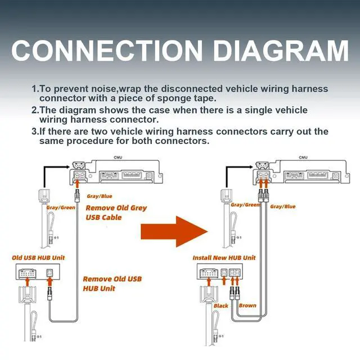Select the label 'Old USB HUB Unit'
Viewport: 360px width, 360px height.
(x=38, y=258)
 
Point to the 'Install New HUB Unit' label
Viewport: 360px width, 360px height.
(x=224, y=258)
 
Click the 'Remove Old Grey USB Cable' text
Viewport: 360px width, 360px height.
(x=116, y=212)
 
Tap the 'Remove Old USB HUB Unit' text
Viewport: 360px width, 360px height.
(x=112, y=283)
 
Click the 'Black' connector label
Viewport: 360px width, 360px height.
(x=221, y=306)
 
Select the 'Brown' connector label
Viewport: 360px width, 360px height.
(x=247, y=306)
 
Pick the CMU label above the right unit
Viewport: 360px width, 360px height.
(x=303, y=158)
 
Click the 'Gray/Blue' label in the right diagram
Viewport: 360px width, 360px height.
(x=282, y=206)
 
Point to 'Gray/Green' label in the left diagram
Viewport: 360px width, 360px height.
(x=61, y=208)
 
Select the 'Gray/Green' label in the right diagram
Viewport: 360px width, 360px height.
(x=246, y=205)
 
